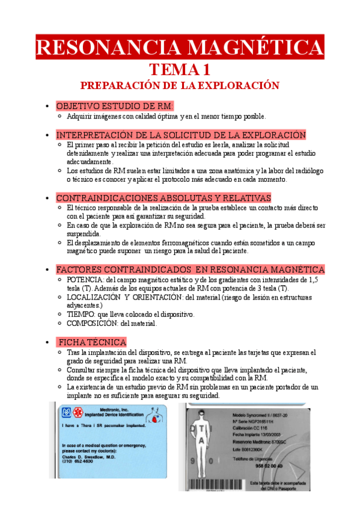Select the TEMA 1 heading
tap(179, 69)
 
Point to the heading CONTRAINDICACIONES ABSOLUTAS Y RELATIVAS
tap(163, 198)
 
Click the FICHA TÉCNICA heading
tap(92, 342)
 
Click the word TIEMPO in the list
tap(81, 314)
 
